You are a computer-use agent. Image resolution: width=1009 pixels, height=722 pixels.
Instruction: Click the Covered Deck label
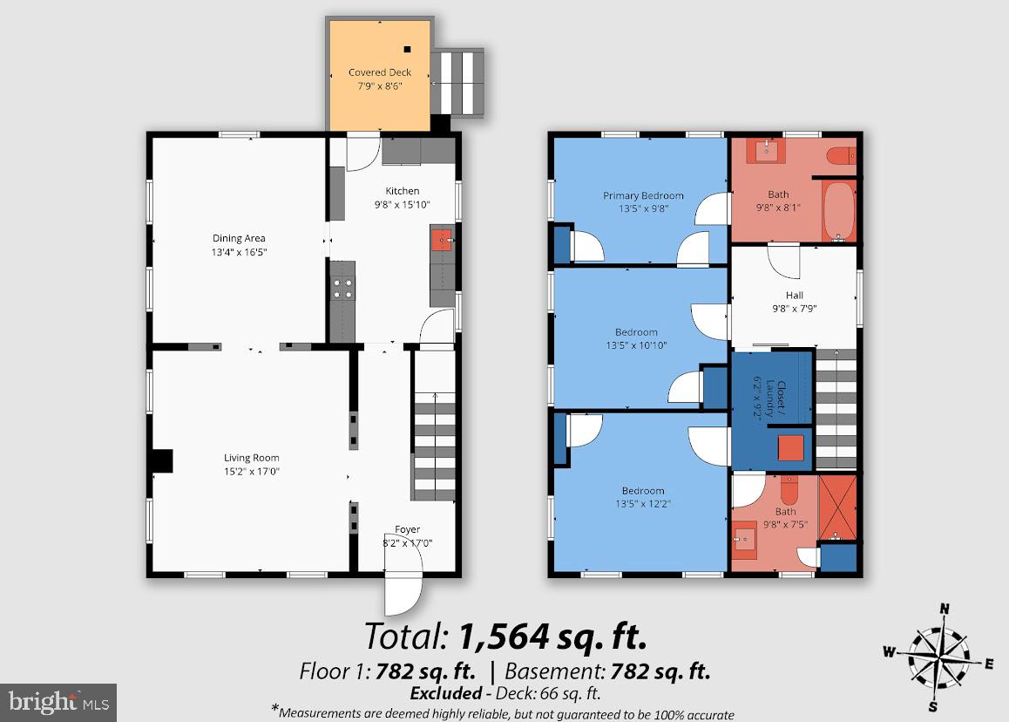coord(380,72)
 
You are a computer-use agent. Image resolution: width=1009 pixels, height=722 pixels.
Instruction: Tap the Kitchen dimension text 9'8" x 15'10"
coord(403,205)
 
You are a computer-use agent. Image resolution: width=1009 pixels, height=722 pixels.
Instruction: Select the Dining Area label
coord(239,238)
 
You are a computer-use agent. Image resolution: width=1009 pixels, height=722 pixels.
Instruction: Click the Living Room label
coord(251,458)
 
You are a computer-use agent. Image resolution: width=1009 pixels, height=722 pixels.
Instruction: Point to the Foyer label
coord(407,529)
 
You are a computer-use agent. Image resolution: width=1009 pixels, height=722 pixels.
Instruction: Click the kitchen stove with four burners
coord(342,288)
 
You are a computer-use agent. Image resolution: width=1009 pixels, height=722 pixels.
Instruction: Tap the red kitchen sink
coord(442,239)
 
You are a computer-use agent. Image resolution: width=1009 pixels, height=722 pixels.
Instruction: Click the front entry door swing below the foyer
coord(403,593)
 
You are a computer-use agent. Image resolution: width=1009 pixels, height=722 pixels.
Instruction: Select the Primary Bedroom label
coord(643,196)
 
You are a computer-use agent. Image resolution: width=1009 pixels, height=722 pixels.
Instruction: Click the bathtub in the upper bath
coord(838,209)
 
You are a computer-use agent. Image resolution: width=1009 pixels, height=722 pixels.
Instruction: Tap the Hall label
coord(794,296)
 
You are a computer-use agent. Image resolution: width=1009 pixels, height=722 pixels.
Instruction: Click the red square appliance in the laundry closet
coord(790,447)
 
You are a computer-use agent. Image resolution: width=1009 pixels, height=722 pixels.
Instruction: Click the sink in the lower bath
coord(745,541)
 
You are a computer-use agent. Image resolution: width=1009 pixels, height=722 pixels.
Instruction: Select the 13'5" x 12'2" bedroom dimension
coord(643,503)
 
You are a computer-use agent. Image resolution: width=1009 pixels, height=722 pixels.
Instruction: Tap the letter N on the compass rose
coord(944,608)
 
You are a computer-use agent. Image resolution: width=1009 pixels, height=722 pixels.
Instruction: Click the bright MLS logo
coord(58,701)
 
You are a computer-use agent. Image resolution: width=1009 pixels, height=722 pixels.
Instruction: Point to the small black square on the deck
coord(407,49)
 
